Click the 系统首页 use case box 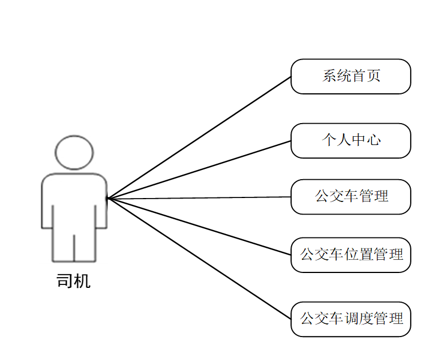351,76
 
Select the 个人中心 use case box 351,140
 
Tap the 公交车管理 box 351,196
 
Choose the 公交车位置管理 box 351,255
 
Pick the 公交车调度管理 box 351,319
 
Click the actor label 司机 74,281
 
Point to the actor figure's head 74,152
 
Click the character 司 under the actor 65,281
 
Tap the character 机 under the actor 83,281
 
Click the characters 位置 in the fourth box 359,255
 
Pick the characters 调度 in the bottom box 359,319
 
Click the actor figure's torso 74,200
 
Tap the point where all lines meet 107,198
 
